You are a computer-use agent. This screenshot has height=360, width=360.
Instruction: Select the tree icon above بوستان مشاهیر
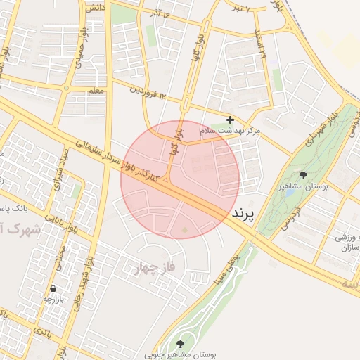click(x=303, y=175)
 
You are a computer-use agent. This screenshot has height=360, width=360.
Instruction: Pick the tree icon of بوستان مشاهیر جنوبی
click(x=181, y=344)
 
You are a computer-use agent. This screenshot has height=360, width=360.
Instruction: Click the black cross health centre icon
click(x=230, y=120)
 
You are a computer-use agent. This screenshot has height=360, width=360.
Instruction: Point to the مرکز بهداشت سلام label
click(x=230, y=131)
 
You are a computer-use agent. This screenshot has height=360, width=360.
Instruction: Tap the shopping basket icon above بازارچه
click(x=53, y=288)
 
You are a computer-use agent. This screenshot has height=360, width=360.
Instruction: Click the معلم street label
click(x=96, y=91)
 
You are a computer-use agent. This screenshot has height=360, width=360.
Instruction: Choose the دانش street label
click(x=94, y=7)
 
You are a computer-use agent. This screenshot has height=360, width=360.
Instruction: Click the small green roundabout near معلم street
click(x=67, y=88)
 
